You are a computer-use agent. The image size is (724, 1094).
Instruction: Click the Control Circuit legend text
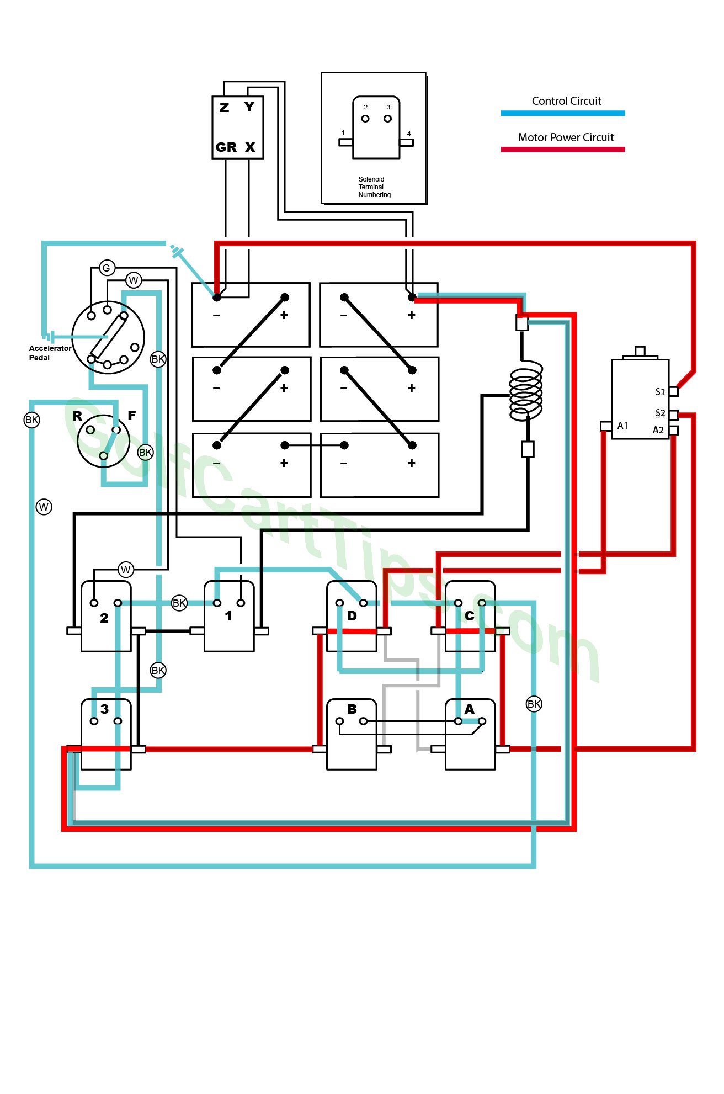[x=566, y=101]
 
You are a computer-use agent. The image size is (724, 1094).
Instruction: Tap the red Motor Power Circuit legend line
[x=563, y=150]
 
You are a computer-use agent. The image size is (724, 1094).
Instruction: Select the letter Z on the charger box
[x=224, y=107]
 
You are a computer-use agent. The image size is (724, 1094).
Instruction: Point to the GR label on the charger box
[x=226, y=147]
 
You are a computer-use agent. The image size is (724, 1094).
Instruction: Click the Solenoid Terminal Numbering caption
[x=374, y=187]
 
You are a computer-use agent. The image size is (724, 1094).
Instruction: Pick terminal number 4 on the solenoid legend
[x=409, y=133]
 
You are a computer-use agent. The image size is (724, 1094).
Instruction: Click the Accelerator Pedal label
[x=50, y=353]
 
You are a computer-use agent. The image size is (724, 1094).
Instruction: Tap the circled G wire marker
[x=107, y=268]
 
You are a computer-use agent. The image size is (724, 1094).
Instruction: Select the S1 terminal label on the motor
[x=660, y=392]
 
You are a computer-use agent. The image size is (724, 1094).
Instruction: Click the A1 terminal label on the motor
[x=622, y=426]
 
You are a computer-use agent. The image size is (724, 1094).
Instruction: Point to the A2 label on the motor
[x=658, y=430]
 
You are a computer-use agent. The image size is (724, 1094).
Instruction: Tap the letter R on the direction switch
[x=77, y=416]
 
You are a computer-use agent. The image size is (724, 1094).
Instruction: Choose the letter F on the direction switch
[x=131, y=415]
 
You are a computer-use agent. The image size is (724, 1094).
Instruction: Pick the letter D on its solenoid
[x=352, y=616]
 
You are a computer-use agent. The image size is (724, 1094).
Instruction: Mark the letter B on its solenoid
[x=352, y=709]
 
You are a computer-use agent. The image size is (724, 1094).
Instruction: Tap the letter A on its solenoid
[x=470, y=709]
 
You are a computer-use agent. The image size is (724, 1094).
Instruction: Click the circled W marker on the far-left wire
[x=44, y=507]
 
